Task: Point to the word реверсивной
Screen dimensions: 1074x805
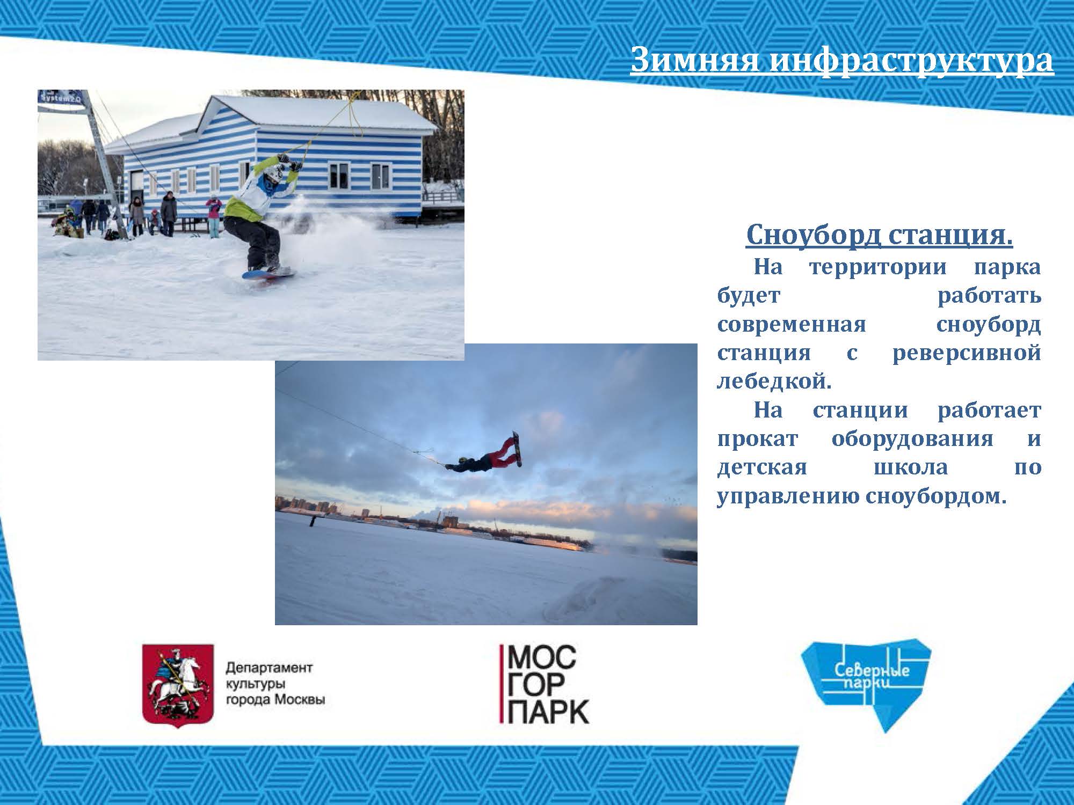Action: (967, 353)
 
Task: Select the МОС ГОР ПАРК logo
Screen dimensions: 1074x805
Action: (544, 684)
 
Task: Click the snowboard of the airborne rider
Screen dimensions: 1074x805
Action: (516, 448)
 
